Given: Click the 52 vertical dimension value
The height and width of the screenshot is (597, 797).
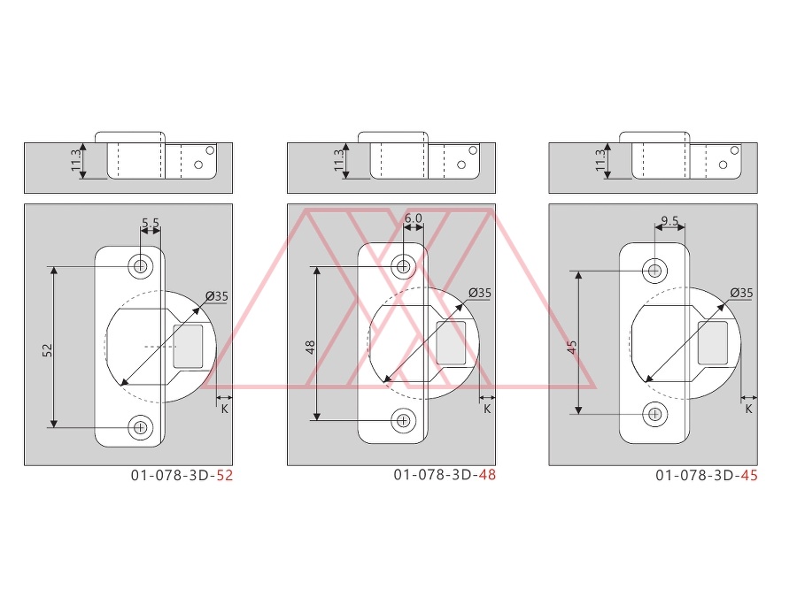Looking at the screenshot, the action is tap(48, 350).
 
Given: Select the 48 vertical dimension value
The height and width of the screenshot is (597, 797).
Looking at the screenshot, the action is tap(311, 348).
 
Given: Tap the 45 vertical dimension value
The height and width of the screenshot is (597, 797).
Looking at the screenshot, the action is tap(572, 348).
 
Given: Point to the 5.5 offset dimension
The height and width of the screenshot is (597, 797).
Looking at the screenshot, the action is tap(151, 223).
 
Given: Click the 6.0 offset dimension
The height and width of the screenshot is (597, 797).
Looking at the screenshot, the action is tap(414, 218).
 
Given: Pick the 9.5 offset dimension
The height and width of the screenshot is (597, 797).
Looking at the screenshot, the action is tap(670, 221).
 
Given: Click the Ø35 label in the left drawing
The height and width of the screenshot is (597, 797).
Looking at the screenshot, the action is tap(217, 296).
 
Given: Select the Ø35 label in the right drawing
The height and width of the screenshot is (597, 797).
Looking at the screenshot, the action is tap(741, 293).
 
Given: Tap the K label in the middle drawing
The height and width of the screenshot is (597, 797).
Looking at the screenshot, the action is tap(487, 409).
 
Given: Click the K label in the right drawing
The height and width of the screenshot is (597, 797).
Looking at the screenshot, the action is tap(748, 409).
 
